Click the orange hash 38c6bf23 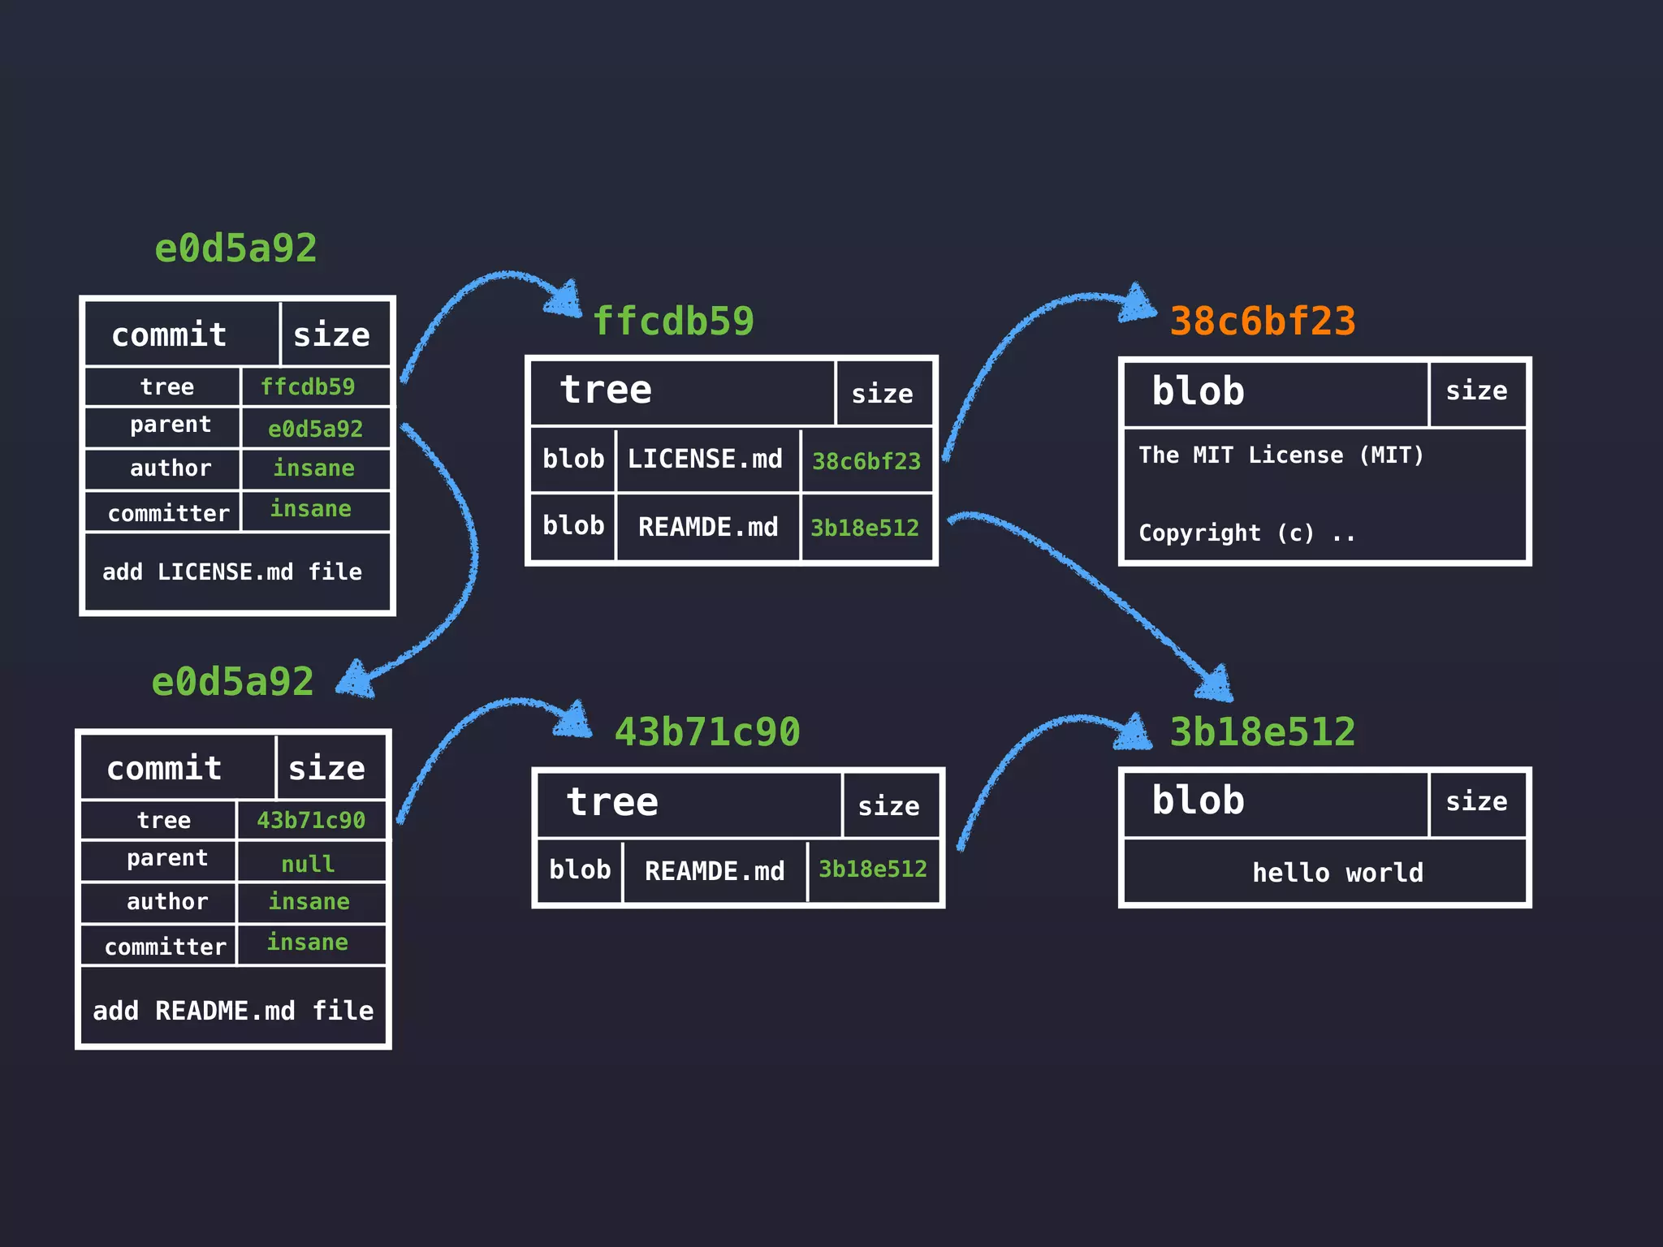(x=1262, y=321)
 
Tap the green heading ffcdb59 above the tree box (x=673, y=321)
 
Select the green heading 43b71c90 (x=707, y=732)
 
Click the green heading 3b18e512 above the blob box (x=1262, y=732)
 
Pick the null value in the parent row (x=308, y=864)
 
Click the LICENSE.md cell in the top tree (x=705, y=460)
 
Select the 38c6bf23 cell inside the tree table (x=866, y=461)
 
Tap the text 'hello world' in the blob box (x=1337, y=873)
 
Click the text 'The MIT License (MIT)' (x=1281, y=455)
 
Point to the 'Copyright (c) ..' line (x=1246, y=533)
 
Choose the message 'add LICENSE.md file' (x=232, y=572)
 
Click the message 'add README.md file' (x=233, y=1011)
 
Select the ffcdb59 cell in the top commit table (x=308, y=386)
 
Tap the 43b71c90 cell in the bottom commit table (x=311, y=820)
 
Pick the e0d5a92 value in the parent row (x=315, y=429)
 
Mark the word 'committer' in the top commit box (x=169, y=513)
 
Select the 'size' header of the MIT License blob (x=1476, y=391)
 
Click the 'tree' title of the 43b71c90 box (x=612, y=803)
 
